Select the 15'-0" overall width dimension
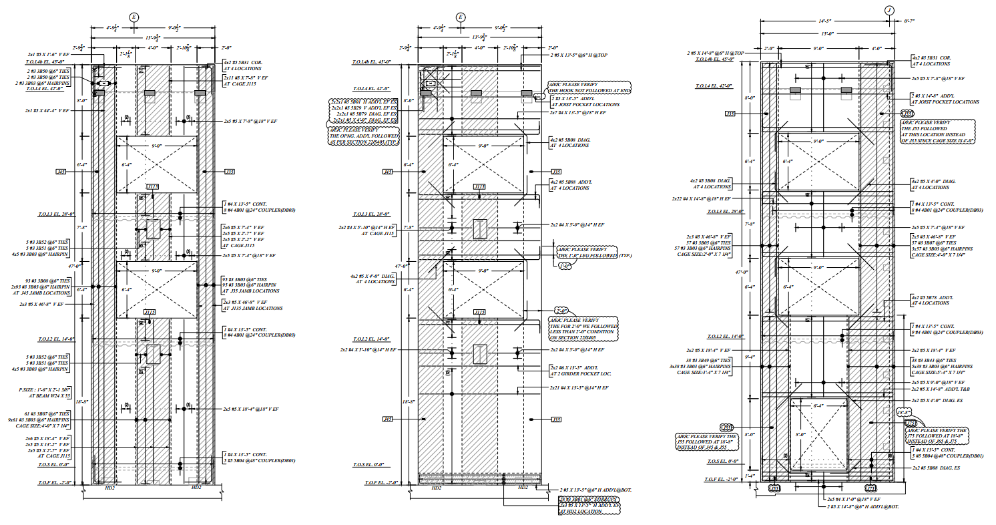828,33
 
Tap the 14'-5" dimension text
824,21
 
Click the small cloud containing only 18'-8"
904,412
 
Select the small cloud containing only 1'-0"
564,265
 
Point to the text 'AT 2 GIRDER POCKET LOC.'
580,373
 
